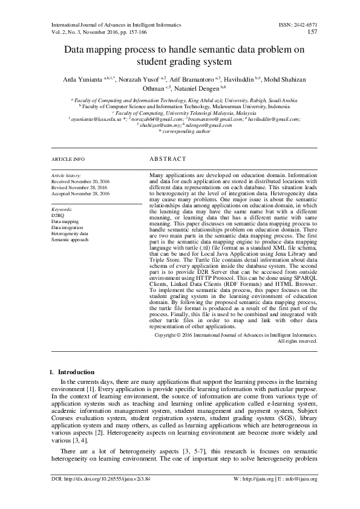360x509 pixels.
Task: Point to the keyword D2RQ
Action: tap(57, 215)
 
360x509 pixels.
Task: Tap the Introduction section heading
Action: tap(74, 372)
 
